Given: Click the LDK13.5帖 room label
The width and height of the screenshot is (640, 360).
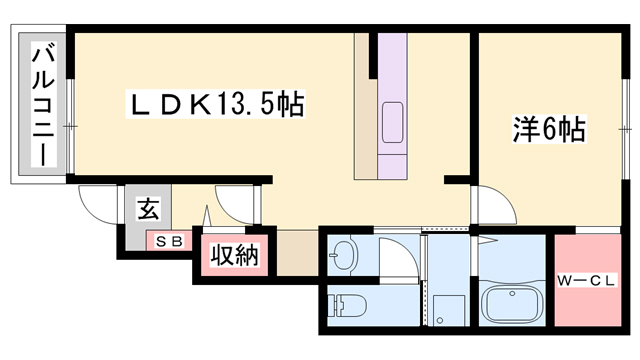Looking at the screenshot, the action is pos(214,103).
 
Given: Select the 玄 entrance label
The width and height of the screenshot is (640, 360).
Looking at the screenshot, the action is pos(148,211).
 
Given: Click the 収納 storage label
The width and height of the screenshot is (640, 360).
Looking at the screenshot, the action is pos(234,256).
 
